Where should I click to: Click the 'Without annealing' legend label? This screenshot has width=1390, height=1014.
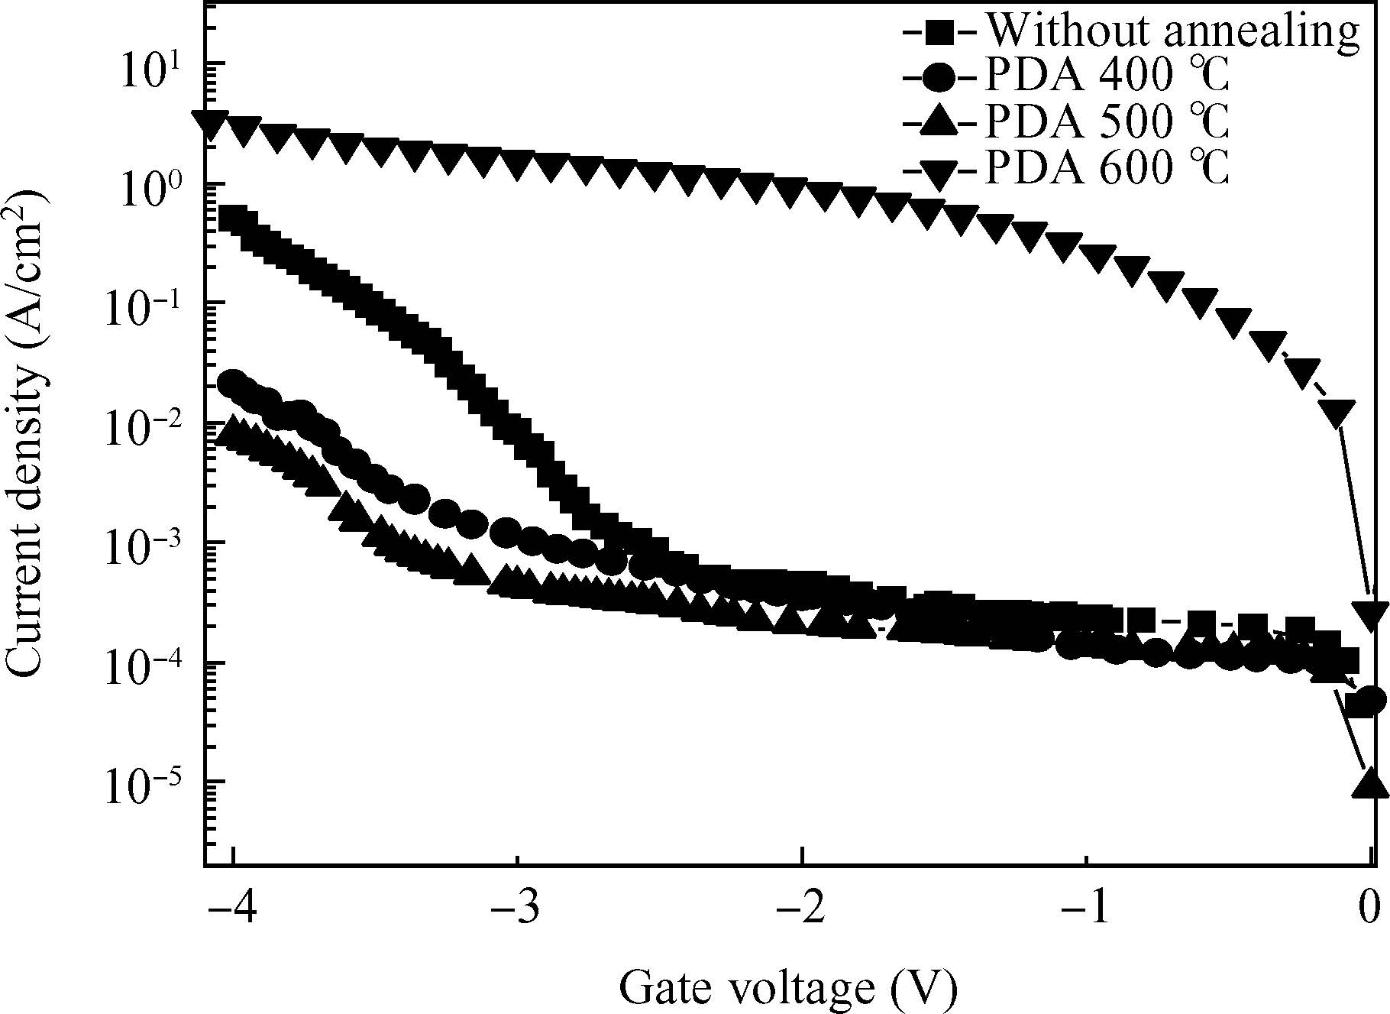pyautogui.click(x=1172, y=31)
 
